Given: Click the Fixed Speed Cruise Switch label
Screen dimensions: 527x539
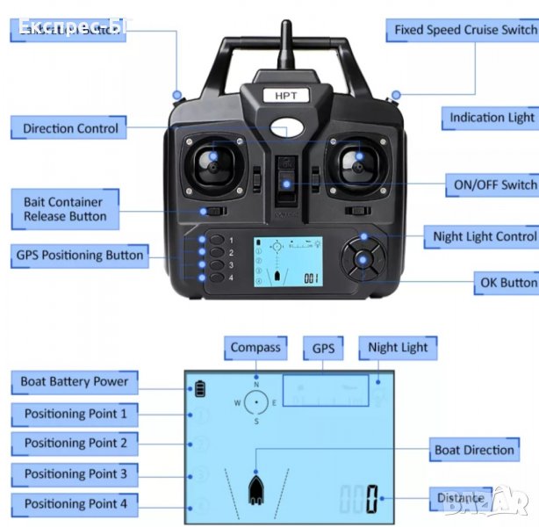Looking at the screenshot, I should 464,29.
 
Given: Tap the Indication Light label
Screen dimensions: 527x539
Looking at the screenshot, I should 491,117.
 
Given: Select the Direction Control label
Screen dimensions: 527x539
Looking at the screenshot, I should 70,128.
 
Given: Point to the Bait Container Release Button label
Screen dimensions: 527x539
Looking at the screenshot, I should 65,209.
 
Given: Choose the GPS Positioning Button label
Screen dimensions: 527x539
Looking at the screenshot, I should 79,256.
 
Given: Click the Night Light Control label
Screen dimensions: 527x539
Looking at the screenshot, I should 484,236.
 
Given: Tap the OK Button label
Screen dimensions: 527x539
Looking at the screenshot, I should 507,283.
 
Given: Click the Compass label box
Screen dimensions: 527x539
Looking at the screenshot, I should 255,348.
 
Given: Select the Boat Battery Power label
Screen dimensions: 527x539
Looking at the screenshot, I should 75,382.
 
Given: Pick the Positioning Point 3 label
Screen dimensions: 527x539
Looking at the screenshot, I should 75,473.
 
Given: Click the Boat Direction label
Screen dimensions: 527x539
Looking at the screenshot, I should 474,450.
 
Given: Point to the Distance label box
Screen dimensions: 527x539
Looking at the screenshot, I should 460,498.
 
